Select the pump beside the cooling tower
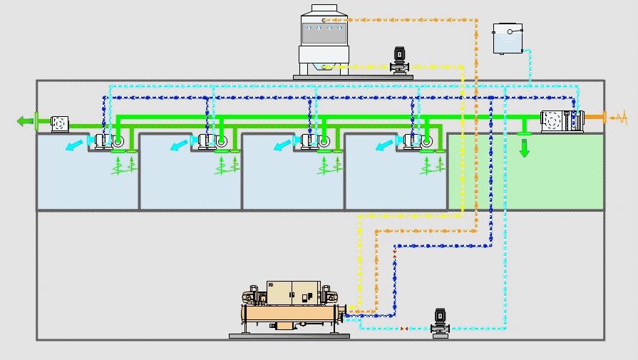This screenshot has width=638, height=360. coord(399,61)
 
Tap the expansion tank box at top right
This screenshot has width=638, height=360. coord(508,38)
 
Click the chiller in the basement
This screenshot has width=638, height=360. coord(292,307)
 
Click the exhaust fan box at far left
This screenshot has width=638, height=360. coord(59,123)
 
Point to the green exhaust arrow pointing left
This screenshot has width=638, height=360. coord(25,121)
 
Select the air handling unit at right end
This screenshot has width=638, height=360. coord(562,121)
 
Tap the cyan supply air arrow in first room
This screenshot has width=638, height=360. coord(72,146)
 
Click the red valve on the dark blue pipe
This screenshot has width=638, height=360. coord(394,252)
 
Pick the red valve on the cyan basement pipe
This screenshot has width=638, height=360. coord(405,329)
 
